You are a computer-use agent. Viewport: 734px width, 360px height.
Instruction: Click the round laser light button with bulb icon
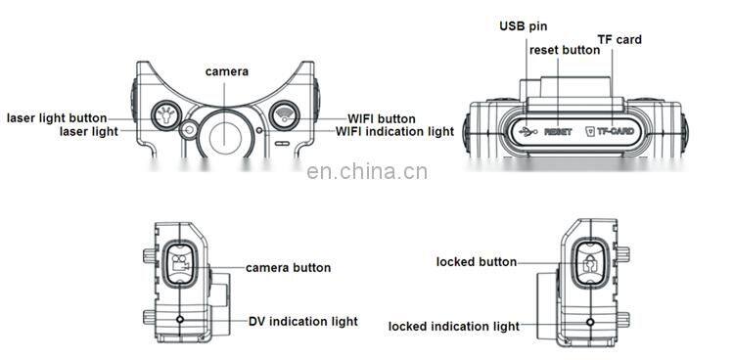click(165, 116)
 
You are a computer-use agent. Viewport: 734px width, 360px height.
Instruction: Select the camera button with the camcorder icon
click(179, 262)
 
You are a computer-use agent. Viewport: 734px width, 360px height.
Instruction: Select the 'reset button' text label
click(565, 49)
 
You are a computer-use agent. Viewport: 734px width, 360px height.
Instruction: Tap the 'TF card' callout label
click(619, 40)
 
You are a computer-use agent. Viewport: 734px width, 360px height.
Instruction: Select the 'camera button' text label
click(288, 267)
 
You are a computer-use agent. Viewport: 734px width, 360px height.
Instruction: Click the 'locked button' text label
click(477, 261)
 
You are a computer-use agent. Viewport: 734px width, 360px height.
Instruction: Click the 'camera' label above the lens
click(226, 71)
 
